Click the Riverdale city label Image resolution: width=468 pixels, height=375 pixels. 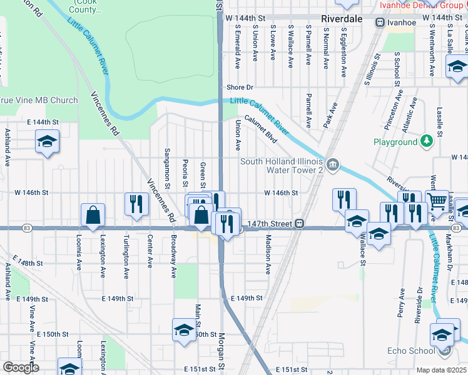[x=342, y=19]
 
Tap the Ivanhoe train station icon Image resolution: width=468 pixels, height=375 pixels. [x=380, y=22]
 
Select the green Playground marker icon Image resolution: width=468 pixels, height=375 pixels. [x=427, y=142]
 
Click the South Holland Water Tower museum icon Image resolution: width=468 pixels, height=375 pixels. [x=333, y=166]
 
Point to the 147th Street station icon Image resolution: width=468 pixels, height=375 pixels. [x=300, y=222]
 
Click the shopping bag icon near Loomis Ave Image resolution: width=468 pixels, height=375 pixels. [x=93, y=215]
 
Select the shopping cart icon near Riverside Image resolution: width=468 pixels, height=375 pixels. [x=437, y=201]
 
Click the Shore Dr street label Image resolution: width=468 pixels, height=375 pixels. [x=240, y=87]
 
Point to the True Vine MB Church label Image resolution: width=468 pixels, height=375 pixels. [x=39, y=100]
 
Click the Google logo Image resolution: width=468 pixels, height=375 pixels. [x=20, y=367]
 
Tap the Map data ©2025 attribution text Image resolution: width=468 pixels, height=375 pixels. [x=442, y=370]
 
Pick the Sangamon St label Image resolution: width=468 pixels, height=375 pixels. [x=167, y=167]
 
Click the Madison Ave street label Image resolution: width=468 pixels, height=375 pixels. [x=268, y=254]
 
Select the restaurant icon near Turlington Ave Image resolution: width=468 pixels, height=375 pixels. [x=135, y=203]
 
